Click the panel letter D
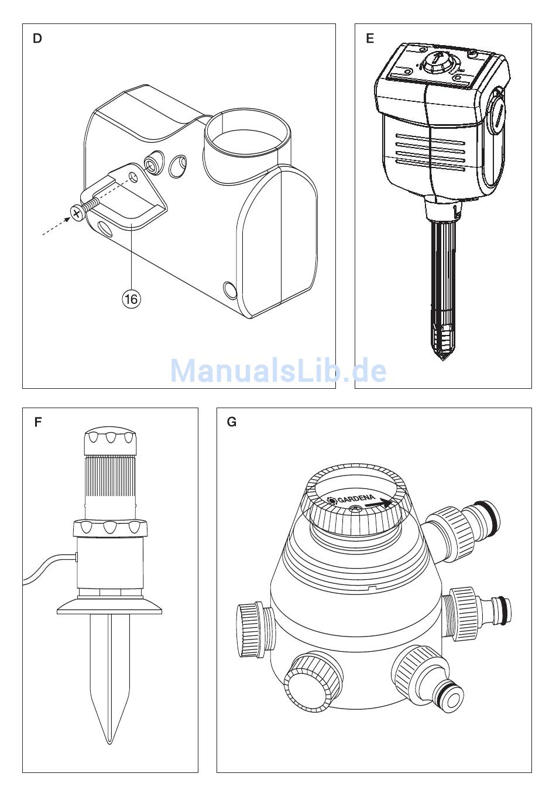(37, 39)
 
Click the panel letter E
(370, 39)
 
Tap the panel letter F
(37, 422)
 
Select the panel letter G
(232, 422)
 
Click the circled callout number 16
(131, 298)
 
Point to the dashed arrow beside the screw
(57, 226)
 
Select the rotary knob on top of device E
(437, 63)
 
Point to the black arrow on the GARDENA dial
(377, 503)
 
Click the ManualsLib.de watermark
(278, 371)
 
